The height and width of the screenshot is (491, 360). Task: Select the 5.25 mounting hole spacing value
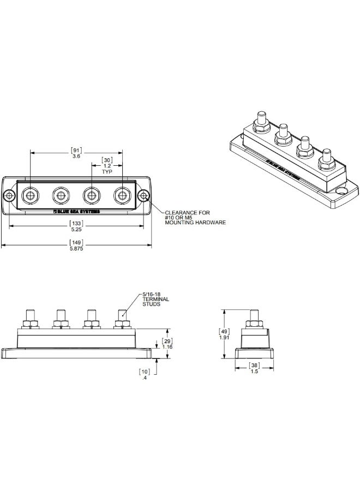(x=76, y=229)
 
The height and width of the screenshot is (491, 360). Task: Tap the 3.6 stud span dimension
(x=76, y=155)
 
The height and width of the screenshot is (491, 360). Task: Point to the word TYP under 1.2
(x=107, y=171)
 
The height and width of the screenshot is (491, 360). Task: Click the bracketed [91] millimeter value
(x=76, y=149)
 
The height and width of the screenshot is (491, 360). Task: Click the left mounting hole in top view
(x=9, y=195)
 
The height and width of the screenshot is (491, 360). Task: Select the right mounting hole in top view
(x=143, y=195)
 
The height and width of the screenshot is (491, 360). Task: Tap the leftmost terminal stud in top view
(x=29, y=195)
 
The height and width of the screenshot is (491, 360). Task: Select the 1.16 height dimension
(x=168, y=347)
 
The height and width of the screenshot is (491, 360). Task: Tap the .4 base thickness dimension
(x=143, y=378)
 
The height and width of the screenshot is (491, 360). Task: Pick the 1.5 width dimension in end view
(x=254, y=372)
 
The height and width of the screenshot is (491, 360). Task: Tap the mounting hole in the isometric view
(x=341, y=191)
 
